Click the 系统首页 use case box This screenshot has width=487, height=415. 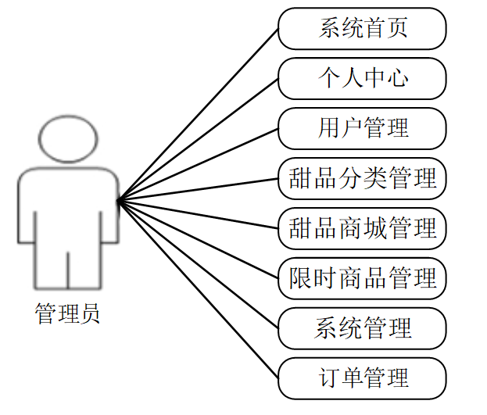[363, 29]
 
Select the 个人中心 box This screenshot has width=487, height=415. [363, 78]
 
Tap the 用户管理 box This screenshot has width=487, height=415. [363, 127]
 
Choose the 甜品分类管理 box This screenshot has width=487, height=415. [363, 178]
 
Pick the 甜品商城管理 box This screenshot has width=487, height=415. [363, 228]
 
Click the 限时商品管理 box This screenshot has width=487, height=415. [363, 277]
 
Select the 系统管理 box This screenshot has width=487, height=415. [363, 327]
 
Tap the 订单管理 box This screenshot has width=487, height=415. [363, 378]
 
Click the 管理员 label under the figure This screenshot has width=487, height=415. [68, 315]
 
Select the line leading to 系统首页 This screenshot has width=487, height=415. [198, 116]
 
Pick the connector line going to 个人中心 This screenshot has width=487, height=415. [198, 140]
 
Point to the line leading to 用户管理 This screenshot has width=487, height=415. [198, 164]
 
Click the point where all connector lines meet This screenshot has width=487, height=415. [117, 201]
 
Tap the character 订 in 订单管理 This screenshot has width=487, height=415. [328, 378]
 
